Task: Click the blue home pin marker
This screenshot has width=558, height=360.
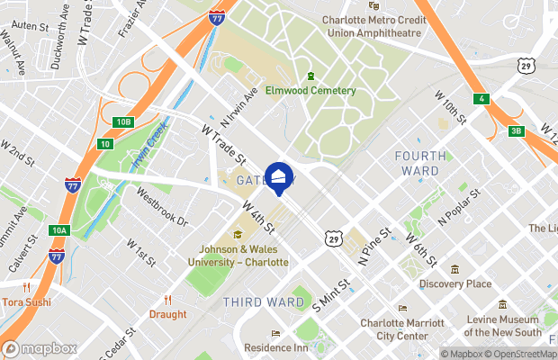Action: (278, 178)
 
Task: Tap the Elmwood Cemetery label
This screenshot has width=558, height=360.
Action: (322, 90)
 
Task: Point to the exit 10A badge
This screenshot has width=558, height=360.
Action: (59, 230)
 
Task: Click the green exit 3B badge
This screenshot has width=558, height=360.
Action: (516, 131)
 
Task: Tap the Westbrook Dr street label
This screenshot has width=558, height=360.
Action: (162, 206)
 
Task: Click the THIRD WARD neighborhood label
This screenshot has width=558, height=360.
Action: (264, 302)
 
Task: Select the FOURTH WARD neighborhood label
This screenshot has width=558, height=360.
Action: (418, 163)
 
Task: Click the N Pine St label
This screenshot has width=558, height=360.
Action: (376, 246)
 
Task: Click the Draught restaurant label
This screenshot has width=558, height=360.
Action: (168, 314)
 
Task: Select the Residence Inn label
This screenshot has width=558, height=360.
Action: (276, 347)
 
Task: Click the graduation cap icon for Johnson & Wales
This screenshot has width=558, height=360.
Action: (238, 236)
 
